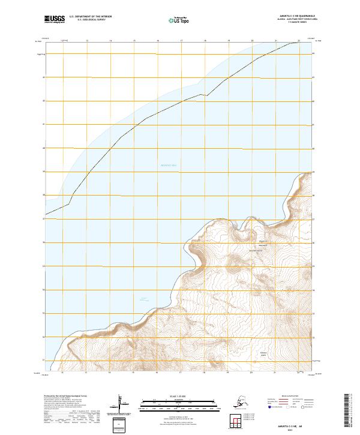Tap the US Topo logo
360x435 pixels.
pos(179,20)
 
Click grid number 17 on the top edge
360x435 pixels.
pos(181,41)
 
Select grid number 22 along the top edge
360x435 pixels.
pos(299,41)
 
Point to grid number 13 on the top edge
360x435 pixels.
pos(87,41)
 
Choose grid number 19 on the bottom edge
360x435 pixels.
pos(228,373)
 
